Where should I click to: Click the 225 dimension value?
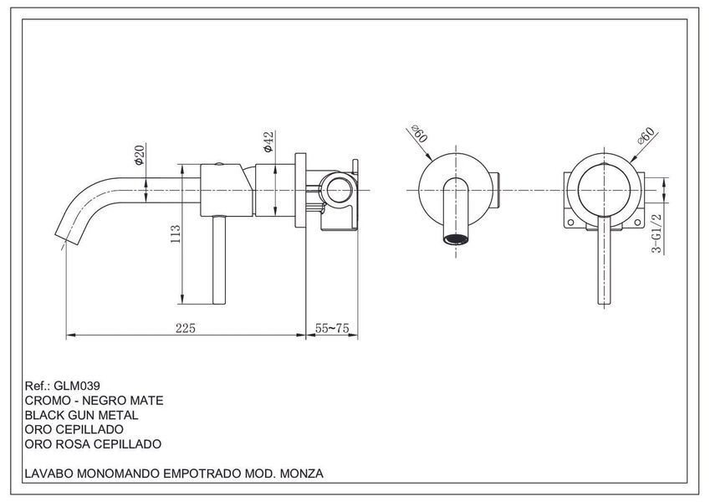coord(186,328)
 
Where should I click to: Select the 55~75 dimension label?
coord(332,328)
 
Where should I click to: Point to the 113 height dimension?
coord(176,234)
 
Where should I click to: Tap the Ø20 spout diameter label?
coord(139,155)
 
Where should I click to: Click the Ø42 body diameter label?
coord(268,141)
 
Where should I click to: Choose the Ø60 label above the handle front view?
coord(646,136)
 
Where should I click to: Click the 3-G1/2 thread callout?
coord(656,233)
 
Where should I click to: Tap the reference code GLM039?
coord(77,386)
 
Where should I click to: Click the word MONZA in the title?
coord(302,474)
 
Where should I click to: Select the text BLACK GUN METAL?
coord(81,415)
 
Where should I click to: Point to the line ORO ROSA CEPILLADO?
coord(93,444)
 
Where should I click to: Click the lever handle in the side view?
coord(219,259)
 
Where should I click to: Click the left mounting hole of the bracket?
coord(570,223)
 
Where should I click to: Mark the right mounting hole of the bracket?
coord(637,223)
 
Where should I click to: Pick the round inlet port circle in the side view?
coord(338,190)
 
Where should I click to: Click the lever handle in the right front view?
coord(604,259)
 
